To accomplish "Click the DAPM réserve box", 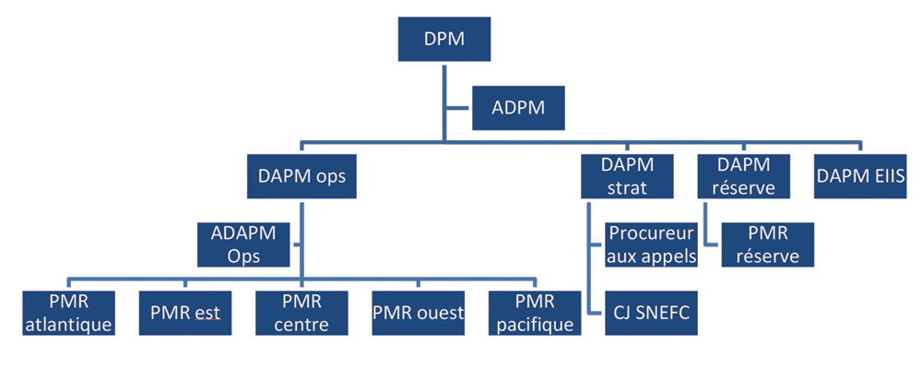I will point(743,176).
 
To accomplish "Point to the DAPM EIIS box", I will point(860,176).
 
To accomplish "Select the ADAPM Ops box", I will point(244,244).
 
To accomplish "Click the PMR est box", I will point(185,314).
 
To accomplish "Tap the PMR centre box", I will point(301,314).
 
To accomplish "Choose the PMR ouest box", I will point(419,314).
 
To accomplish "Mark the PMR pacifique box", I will point(535,314).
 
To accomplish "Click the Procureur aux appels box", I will point(651,244).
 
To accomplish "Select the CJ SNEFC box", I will point(651,314).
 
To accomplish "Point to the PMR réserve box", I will point(768,244).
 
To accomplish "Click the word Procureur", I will point(651,233).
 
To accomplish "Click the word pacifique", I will point(535,325).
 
